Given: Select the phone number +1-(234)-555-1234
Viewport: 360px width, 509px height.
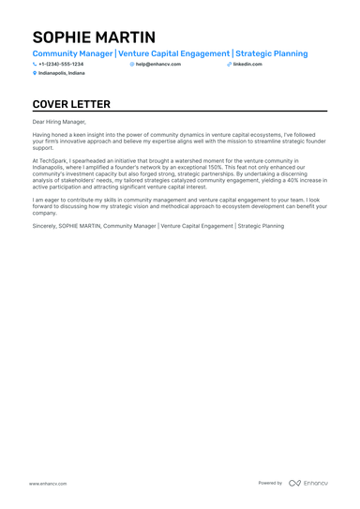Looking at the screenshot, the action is tap(61, 64).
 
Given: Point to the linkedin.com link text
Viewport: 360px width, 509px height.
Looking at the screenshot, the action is tap(247, 64).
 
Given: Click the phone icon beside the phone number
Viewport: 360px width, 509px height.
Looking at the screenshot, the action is tap(35, 64).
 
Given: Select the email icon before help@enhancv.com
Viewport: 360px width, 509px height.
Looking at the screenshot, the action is tap(132, 64).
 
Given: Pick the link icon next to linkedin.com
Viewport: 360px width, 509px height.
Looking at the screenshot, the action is tap(229, 64).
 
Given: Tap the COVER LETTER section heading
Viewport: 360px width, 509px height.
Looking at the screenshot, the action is tap(71, 104).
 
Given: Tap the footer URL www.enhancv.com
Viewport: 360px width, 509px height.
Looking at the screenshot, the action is tap(47, 483).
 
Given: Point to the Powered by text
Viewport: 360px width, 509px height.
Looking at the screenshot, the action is tap(270, 483).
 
